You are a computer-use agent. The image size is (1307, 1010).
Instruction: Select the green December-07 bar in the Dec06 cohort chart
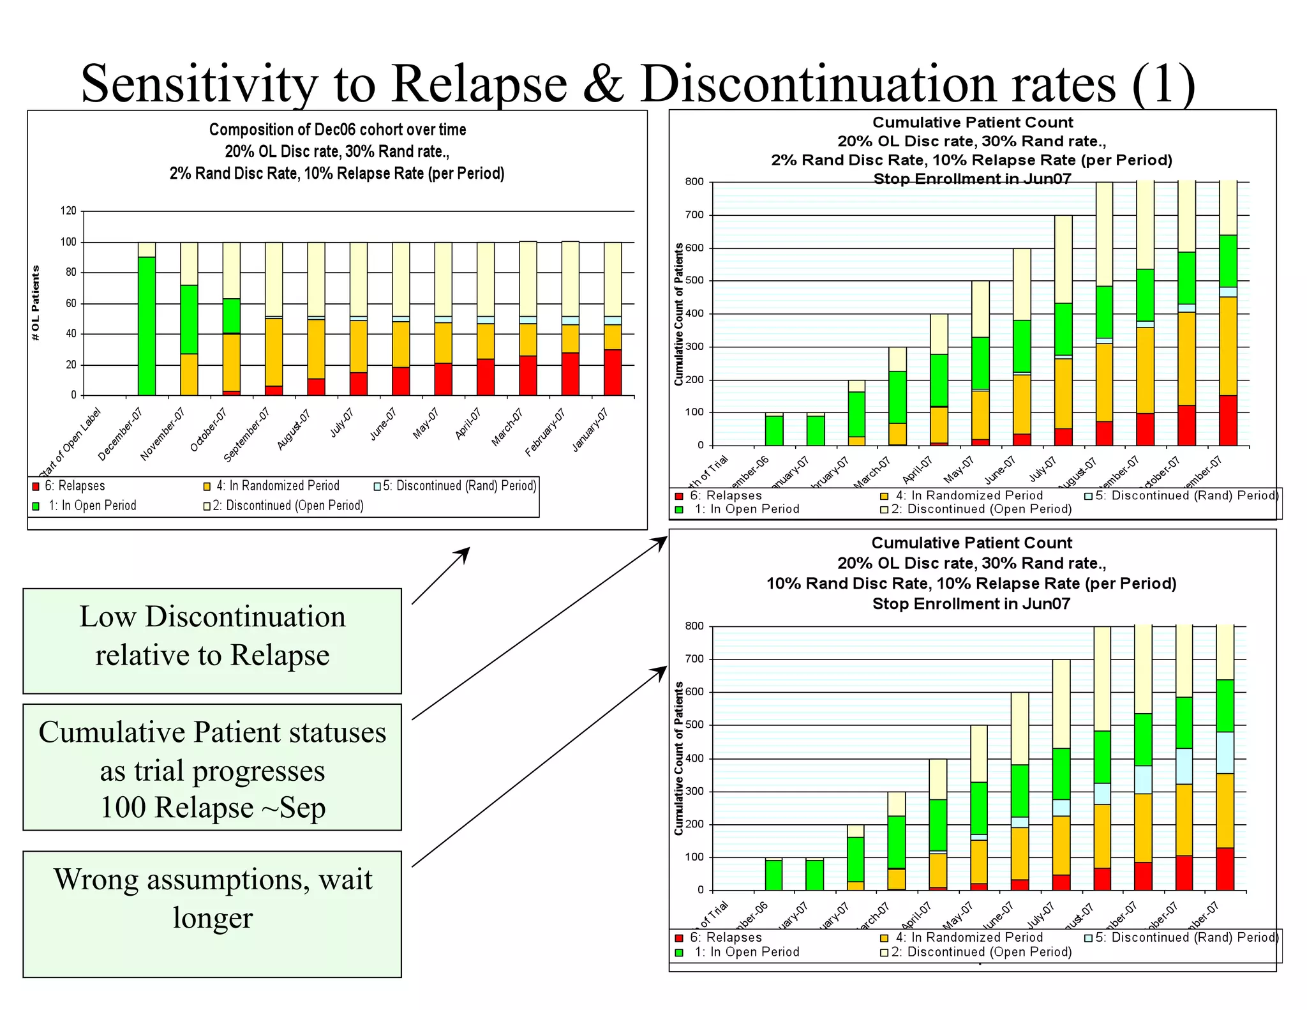tap(147, 326)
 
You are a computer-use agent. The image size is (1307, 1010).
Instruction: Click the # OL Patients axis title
tap(36, 303)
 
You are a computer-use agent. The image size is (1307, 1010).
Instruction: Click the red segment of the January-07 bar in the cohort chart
tap(613, 373)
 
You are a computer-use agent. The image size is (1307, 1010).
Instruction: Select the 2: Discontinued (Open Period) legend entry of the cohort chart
tap(283, 506)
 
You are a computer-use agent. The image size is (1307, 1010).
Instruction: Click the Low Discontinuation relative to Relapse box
tap(212, 640)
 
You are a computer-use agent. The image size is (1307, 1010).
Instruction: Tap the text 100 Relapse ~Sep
tap(212, 807)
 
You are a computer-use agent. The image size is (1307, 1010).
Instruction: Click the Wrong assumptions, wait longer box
tap(212, 913)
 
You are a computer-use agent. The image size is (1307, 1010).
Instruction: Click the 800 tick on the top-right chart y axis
tap(694, 182)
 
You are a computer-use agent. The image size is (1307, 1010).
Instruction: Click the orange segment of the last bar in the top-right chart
tap(1228, 345)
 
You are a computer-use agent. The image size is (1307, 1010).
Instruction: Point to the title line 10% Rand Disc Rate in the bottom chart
tap(971, 584)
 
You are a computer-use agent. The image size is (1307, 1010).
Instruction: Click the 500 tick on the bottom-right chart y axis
tap(694, 725)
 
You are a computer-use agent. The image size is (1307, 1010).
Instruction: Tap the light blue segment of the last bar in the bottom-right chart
tap(1225, 752)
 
